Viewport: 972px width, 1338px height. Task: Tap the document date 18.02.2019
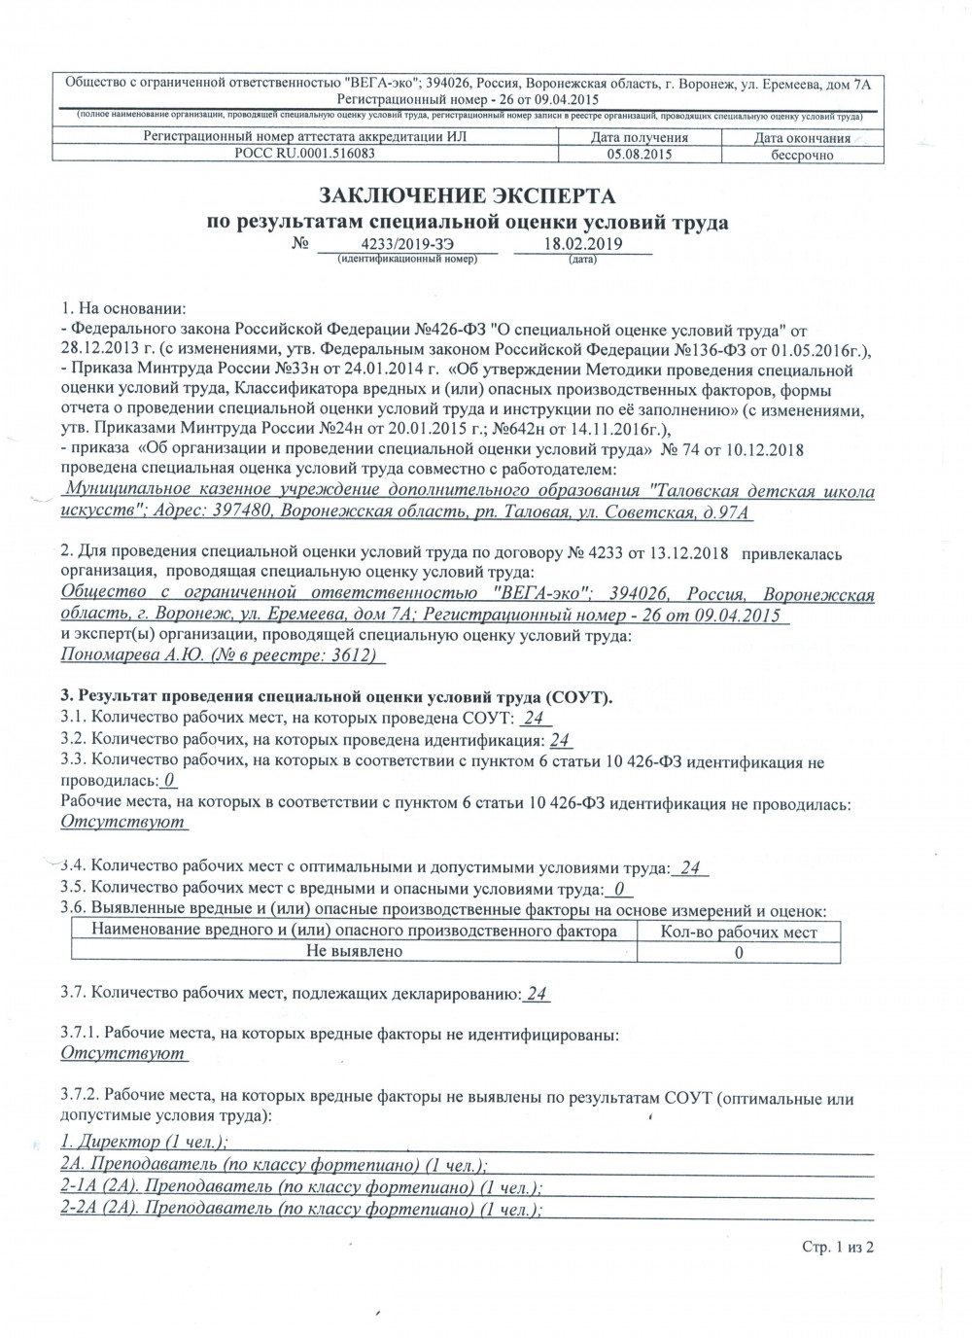click(582, 245)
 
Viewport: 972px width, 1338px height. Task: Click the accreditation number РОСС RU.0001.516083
click(305, 154)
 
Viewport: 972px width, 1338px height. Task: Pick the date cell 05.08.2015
click(640, 154)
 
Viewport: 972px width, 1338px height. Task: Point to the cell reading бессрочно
click(802, 155)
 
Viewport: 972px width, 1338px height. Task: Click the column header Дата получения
click(640, 138)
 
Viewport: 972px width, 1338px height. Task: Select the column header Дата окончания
click(802, 138)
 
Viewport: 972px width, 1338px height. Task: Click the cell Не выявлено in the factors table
click(354, 952)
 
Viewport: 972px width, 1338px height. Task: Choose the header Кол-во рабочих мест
click(738, 933)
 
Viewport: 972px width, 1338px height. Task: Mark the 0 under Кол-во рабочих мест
click(739, 953)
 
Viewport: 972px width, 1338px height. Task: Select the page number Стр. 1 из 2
click(838, 1246)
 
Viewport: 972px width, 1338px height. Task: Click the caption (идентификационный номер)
click(407, 261)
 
